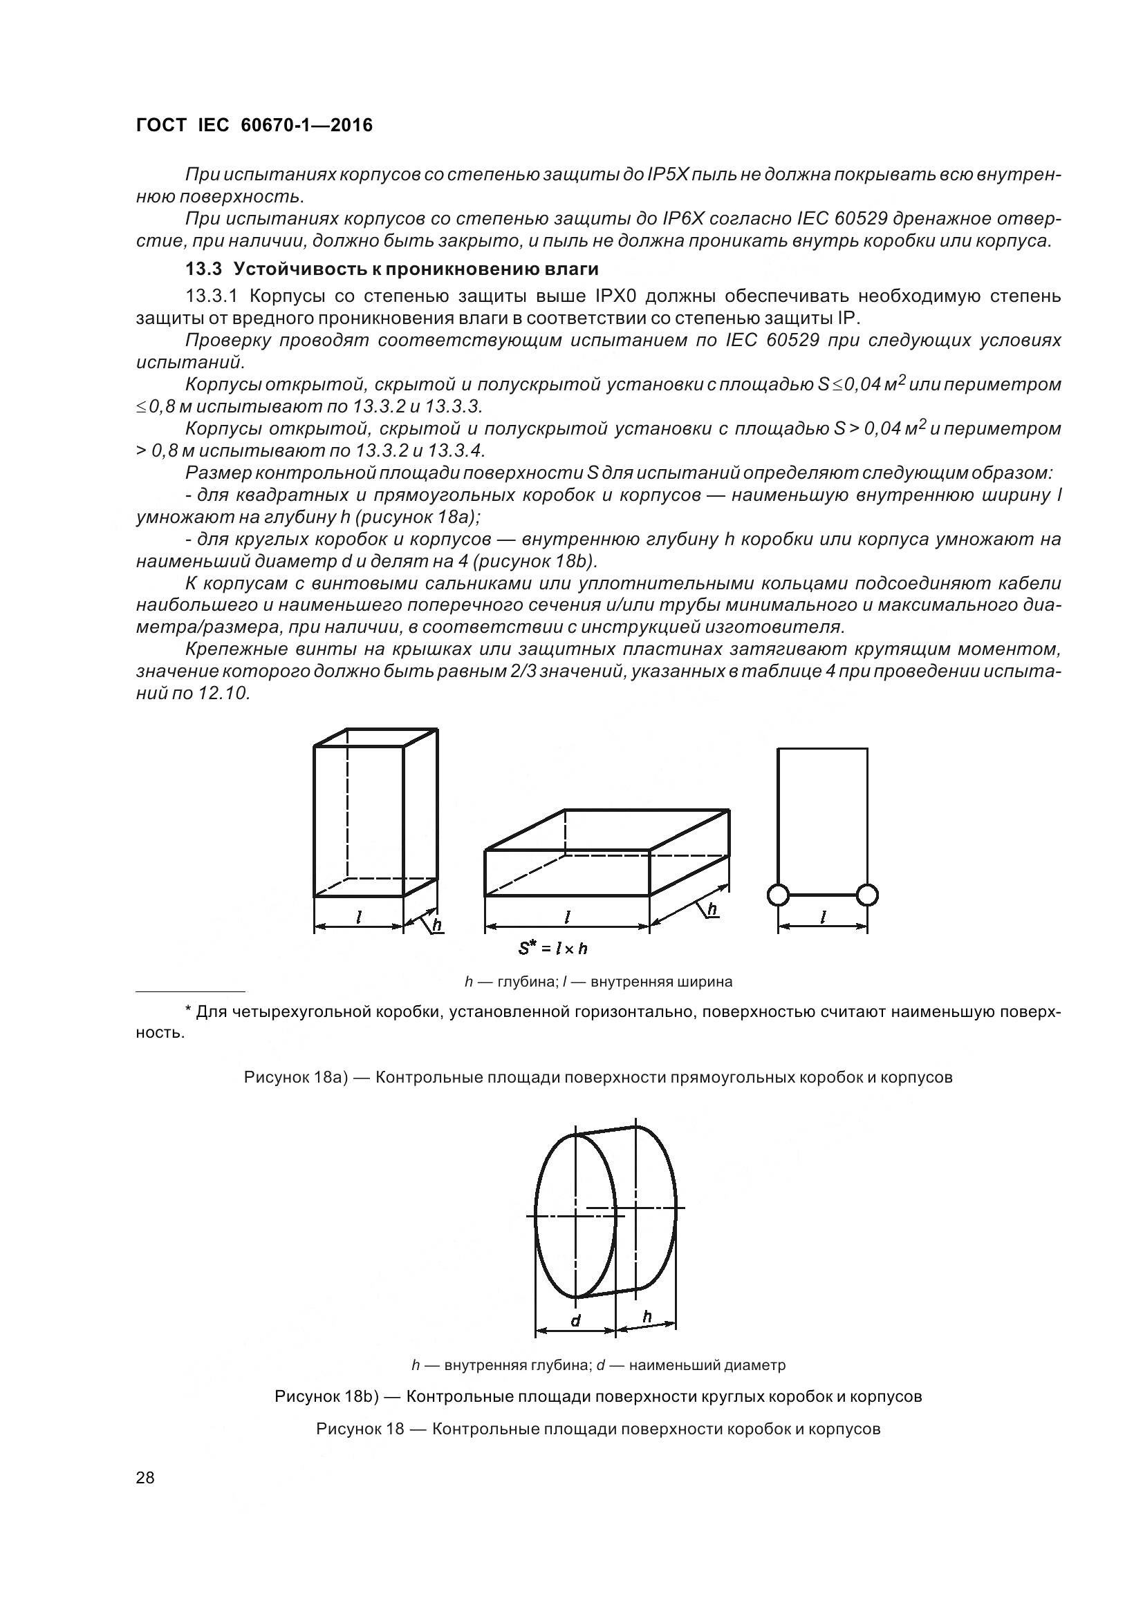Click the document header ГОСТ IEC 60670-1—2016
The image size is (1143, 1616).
tap(254, 125)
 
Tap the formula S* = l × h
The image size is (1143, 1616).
tap(553, 949)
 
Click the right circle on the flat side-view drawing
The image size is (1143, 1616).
tap(868, 895)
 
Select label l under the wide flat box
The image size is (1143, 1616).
tap(567, 917)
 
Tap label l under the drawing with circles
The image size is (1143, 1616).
tap(823, 917)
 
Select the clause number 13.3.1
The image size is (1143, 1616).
tap(214, 296)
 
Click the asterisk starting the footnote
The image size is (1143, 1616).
tap(188, 1011)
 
